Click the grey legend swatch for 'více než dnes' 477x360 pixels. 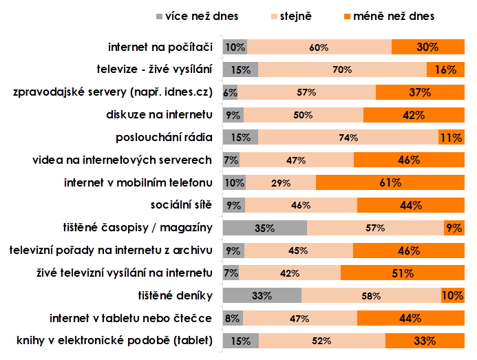click(161, 15)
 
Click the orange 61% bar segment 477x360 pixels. click(389, 182)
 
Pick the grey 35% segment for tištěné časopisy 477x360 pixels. click(265, 228)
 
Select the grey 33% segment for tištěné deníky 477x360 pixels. click(262, 295)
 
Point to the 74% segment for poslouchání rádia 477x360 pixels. click(348, 137)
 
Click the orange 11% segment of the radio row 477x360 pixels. click(451, 137)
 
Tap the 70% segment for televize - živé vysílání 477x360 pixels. click(342, 70)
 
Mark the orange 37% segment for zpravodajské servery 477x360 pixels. click(419, 92)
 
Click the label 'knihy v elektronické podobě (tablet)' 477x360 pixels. click(114, 340)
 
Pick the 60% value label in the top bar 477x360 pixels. click(319, 47)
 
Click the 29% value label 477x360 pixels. click(281, 183)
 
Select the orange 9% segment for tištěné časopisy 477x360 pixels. click(453, 228)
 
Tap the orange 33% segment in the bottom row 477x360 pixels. click(423, 340)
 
